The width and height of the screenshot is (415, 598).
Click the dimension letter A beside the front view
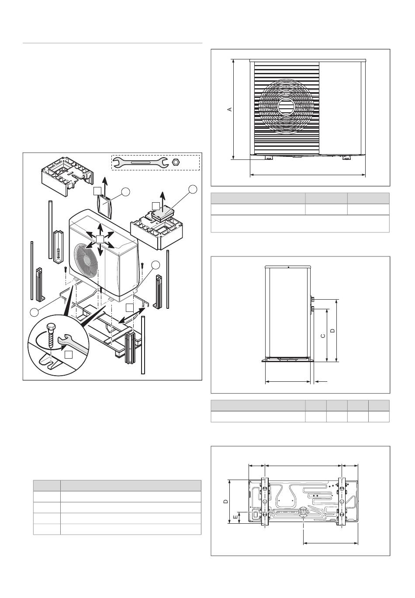(229, 109)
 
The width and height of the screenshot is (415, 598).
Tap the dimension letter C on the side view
(323, 335)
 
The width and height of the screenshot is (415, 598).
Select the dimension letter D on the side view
(332, 331)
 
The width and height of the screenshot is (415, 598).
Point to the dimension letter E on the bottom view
(235, 517)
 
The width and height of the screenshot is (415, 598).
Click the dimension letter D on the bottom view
(226, 501)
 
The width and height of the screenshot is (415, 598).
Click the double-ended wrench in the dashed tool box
(141, 162)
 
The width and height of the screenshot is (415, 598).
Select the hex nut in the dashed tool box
(176, 162)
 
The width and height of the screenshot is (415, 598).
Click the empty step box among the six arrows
(100, 239)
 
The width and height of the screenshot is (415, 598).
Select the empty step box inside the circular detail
(69, 354)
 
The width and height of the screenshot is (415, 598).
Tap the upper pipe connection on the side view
(313, 299)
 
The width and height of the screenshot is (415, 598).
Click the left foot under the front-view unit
(268, 157)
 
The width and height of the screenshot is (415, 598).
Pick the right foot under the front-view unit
(346, 157)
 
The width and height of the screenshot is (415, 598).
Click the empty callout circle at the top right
(193, 189)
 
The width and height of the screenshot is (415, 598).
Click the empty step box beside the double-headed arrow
(129, 307)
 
